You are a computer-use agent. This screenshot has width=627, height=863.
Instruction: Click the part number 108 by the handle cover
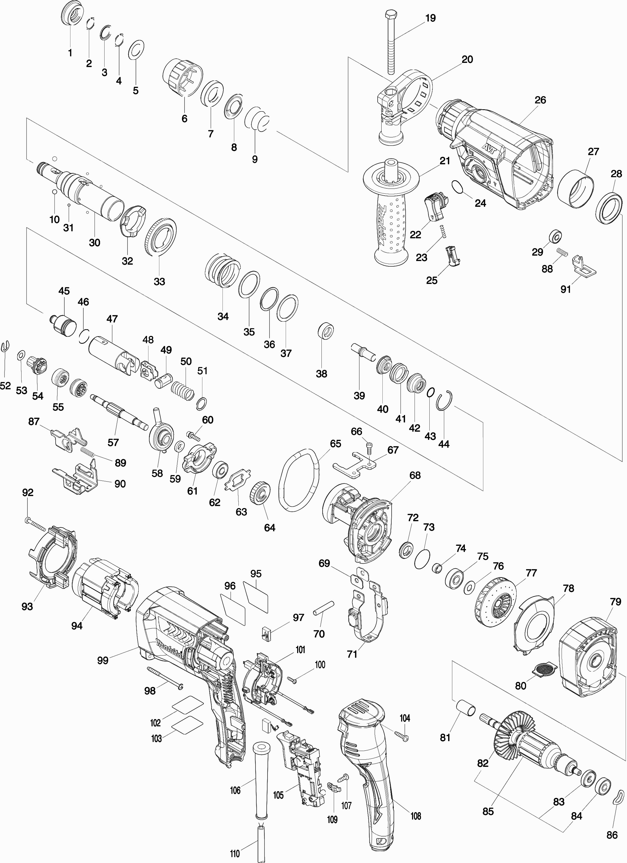[416, 815]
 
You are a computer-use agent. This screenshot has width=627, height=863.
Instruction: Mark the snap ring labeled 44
[445, 401]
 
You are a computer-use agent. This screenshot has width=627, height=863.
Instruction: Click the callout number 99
[102, 660]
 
